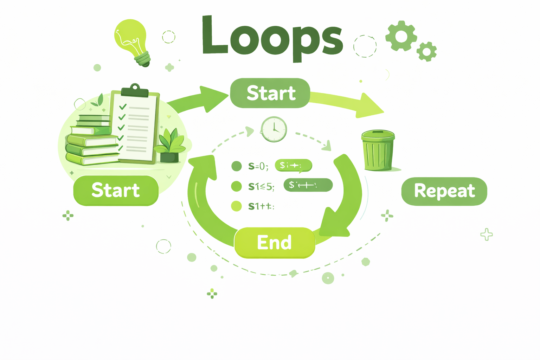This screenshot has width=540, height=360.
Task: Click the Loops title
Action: click(x=272, y=37)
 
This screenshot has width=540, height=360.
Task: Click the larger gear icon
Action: click(x=401, y=36)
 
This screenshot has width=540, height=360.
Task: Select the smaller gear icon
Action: click(x=426, y=52)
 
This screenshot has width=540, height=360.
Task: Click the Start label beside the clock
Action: click(x=270, y=93)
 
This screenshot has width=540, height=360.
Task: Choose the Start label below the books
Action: click(x=116, y=190)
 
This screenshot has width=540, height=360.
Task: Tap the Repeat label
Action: click(x=444, y=191)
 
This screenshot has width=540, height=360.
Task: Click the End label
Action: click(x=274, y=243)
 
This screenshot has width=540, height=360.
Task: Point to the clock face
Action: click(x=274, y=129)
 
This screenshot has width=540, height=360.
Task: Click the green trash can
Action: click(x=378, y=150)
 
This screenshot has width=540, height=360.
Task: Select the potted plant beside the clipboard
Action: click(x=170, y=146)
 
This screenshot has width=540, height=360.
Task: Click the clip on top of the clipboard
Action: click(x=135, y=90)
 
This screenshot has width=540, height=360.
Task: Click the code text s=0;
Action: click(x=258, y=166)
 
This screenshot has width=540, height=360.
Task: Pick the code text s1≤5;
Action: click(x=261, y=186)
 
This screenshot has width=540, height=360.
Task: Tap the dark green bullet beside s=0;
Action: click(x=237, y=166)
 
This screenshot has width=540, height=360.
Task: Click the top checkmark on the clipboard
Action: click(x=123, y=107)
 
